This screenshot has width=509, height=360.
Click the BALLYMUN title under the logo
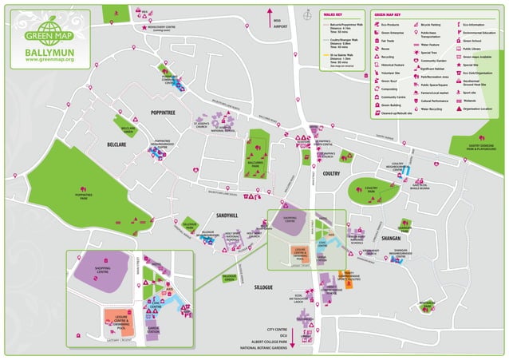click(x=49, y=52)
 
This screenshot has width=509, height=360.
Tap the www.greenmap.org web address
click(x=49, y=61)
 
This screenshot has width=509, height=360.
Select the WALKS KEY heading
click(x=333, y=14)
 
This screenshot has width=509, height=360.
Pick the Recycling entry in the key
click(x=387, y=57)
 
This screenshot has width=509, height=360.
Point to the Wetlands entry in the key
click(x=471, y=101)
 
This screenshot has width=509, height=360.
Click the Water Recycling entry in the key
click(x=431, y=109)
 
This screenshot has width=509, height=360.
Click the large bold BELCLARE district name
click(x=117, y=145)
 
